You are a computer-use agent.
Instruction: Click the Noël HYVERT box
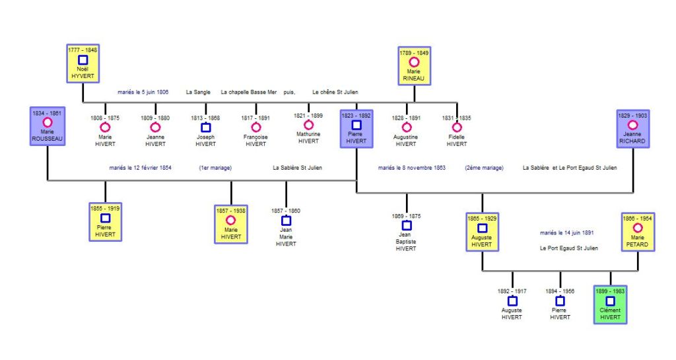pyautogui.click(x=83, y=64)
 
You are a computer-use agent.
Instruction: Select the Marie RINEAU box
pyautogui.click(x=414, y=66)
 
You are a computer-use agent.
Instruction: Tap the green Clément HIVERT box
pyautogui.click(x=610, y=305)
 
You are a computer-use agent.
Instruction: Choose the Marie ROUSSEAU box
pyautogui.click(x=47, y=126)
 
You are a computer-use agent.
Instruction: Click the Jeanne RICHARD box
pyautogui.click(x=632, y=129)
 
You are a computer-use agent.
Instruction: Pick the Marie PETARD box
pyautogui.click(x=638, y=232)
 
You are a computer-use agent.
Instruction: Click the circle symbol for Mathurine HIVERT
pyautogui.click(x=308, y=125)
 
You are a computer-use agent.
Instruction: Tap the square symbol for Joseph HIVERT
pyautogui.click(x=205, y=127)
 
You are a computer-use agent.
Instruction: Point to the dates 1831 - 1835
pyautogui.click(x=456, y=118)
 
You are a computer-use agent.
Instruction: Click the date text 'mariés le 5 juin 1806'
pyautogui.click(x=143, y=92)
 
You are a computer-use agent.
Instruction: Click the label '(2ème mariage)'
pyautogui.click(x=484, y=168)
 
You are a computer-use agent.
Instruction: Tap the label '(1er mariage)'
pyautogui.click(x=215, y=168)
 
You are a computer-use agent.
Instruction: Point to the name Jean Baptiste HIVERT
pyautogui.click(x=406, y=242)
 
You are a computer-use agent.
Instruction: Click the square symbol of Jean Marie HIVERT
pyautogui.click(x=286, y=221)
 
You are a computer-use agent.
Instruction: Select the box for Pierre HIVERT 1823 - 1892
pyautogui.click(x=356, y=128)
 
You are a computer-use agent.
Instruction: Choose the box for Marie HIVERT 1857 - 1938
pyautogui.click(x=230, y=223)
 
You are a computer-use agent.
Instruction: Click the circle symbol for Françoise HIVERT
pyautogui.click(x=255, y=127)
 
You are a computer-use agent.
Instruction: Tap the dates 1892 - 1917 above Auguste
pyautogui.click(x=512, y=291)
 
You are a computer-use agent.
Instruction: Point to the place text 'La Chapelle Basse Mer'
pyautogui.click(x=250, y=92)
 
